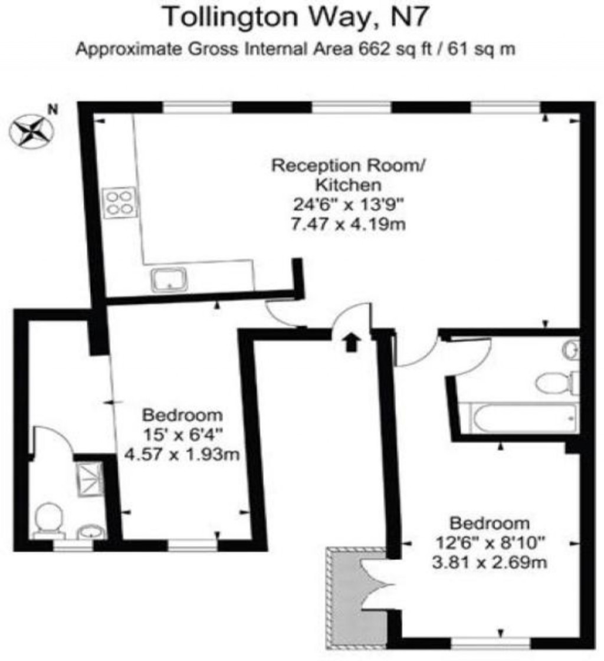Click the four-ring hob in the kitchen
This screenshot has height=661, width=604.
click(x=117, y=202)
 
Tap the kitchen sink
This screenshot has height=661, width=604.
click(x=169, y=279)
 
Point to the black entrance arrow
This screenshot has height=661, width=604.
click(x=352, y=342)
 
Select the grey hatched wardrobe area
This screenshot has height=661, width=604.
click(x=348, y=596)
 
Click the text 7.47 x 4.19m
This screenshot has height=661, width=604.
click(x=349, y=225)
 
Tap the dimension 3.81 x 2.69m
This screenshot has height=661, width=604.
click(x=489, y=562)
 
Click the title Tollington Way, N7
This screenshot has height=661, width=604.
click(x=293, y=17)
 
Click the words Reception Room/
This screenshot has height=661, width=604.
click(x=347, y=165)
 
